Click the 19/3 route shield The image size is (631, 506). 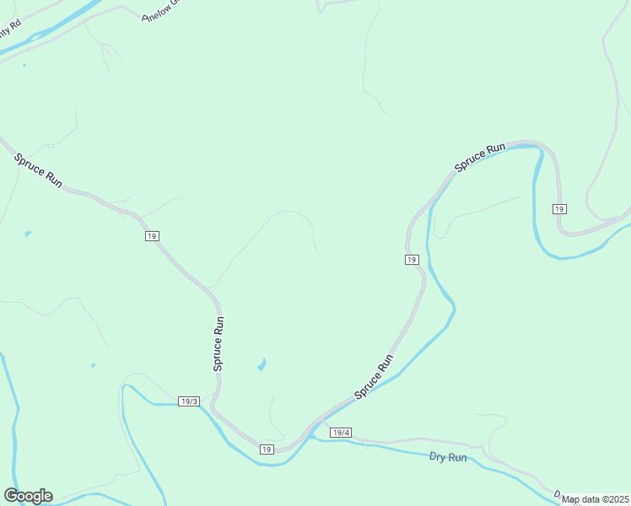pyautogui.click(x=189, y=401)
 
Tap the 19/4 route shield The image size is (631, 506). pyautogui.click(x=341, y=433)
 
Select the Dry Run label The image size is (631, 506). pyautogui.click(x=448, y=457)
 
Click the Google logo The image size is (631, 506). pyautogui.click(x=28, y=496)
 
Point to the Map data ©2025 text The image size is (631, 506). pyautogui.click(x=596, y=499)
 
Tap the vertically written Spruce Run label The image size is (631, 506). pyautogui.click(x=218, y=343)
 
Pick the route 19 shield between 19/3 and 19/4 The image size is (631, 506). pyautogui.click(x=267, y=449)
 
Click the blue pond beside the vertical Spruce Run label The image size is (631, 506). pyautogui.click(x=262, y=365)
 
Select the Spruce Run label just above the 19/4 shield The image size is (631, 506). pyautogui.click(x=374, y=376)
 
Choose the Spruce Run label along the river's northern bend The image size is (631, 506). pyautogui.click(x=480, y=158)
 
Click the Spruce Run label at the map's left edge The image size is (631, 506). pyautogui.click(x=38, y=170)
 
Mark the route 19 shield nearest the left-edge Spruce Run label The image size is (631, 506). pyautogui.click(x=152, y=237)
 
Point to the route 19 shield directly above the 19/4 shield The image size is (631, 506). pyautogui.click(x=411, y=260)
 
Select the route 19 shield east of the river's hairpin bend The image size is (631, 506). pyautogui.click(x=558, y=208)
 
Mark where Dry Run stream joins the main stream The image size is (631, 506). pyautogui.click(x=310, y=437)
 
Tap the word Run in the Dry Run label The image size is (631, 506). pyautogui.click(x=457, y=458)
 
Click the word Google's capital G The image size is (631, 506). pyautogui.click(x=12, y=496)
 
